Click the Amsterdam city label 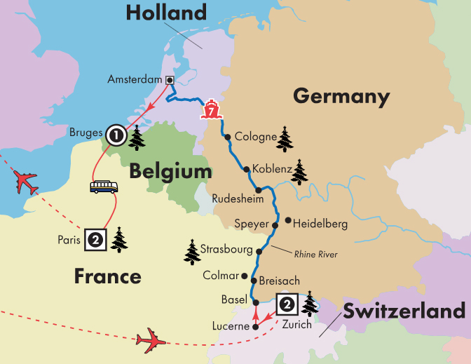[x=135, y=80]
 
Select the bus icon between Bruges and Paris [x=103, y=187]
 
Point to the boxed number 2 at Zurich [x=287, y=304]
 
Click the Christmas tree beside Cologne [x=285, y=139]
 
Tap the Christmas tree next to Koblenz [x=299, y=171]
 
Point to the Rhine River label [x=315, y=255]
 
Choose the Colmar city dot [x=244, y=276]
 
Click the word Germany [x=341, y=96]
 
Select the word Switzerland [x=404, y=311]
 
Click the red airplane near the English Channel [x=26, y=184]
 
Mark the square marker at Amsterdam [x=169, y=80]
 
